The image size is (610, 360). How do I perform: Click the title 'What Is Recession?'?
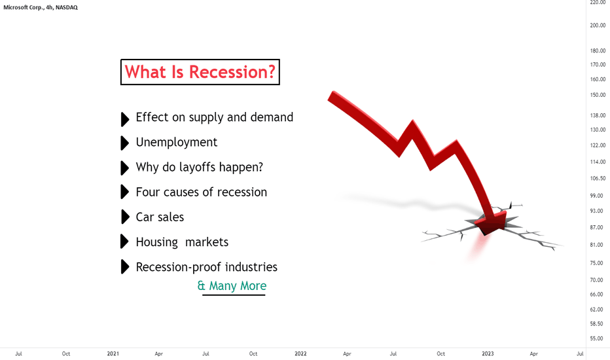coord(200,72)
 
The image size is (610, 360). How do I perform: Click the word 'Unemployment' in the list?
coord(176,143)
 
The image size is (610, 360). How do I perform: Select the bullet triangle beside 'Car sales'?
coord(125,217)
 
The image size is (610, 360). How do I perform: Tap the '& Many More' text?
coord(232,285)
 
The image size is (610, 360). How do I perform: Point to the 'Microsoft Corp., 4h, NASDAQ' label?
coord(41,7)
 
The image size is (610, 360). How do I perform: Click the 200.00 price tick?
coord(598,26)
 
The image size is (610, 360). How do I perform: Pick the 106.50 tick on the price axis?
coord(598,178)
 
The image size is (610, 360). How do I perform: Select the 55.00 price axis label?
coord(598,338)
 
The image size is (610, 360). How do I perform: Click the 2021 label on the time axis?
coord(113,353)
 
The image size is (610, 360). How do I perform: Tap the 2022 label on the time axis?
coord(300,353)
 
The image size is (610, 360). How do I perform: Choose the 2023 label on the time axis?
coord(488,353)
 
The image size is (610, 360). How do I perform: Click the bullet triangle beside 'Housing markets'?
coord(125,242)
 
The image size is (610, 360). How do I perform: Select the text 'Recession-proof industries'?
coord(207,267)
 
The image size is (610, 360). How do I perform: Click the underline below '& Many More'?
coord(234,295)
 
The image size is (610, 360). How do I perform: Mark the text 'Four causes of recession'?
coord(202,192)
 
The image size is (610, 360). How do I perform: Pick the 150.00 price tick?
coord(598,94)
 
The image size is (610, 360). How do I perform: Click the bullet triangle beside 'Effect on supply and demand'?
coord(125,120)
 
